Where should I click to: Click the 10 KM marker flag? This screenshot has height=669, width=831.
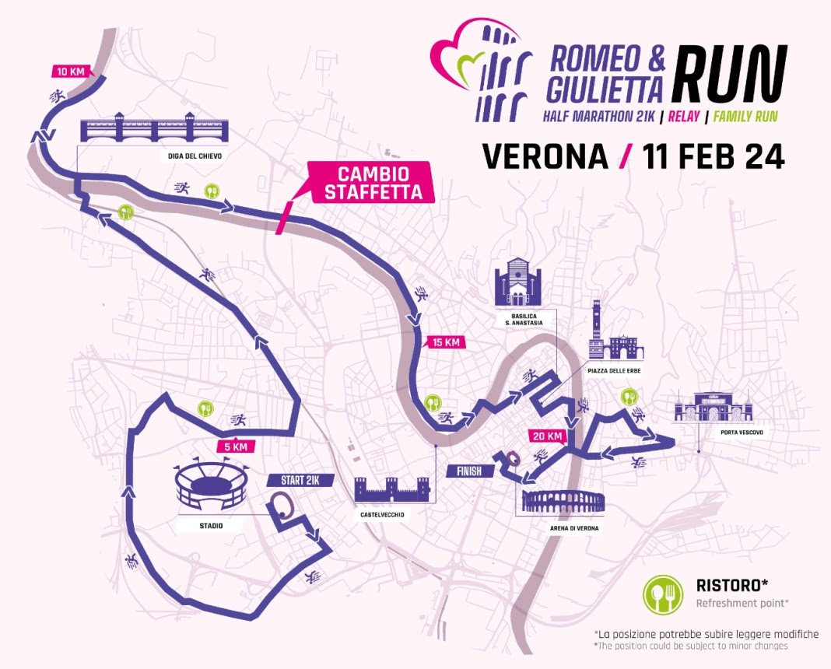pyautogui.click(x=71, y=72)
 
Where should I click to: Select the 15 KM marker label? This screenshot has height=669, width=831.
pyautogui.click(x=445, y=342)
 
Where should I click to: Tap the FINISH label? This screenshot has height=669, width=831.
pyautogui.click(x=465, y=471)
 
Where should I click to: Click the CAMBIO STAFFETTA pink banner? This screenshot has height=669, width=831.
pyautogui.click(x=368, y=182)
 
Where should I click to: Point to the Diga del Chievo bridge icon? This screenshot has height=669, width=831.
pyautogui.click(x=153, y=128)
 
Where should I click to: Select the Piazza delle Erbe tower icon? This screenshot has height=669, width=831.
pyautogui.click(x=597, y=331)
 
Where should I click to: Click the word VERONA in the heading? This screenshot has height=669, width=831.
pyautogui.click(x=545, y=156)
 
